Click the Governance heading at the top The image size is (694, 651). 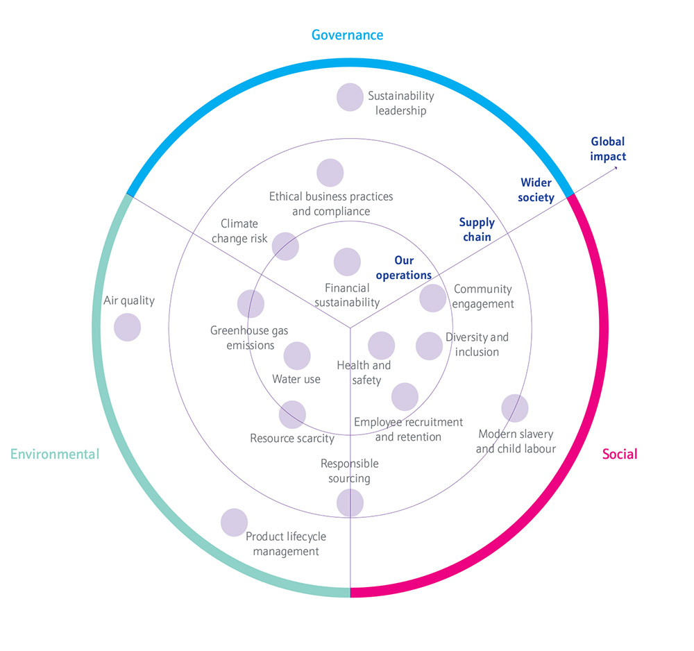[348, 35]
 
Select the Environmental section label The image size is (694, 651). [55, 454]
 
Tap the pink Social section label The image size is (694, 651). [620, 454]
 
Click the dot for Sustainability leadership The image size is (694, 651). [350, 97]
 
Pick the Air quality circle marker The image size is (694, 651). [128, 328]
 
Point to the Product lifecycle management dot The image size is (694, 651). [234, 523]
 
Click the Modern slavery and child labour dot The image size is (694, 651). [515, 408]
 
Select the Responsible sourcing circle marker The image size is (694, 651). [350, 502]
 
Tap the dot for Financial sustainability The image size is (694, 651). [348, 262]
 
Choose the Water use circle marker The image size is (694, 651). [297, 356]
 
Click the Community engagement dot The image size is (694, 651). [433, 298]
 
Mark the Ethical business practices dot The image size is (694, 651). [330, 173]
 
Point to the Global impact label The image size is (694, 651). [608, 149]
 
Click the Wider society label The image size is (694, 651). [536, 190]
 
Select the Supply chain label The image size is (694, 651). [477, 229]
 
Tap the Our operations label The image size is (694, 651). [404, 268]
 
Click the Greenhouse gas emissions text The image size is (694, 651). [249, 338]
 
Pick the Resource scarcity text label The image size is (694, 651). [292, 438]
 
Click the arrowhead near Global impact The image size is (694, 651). [616, 168]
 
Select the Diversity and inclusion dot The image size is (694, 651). [430, 346]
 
